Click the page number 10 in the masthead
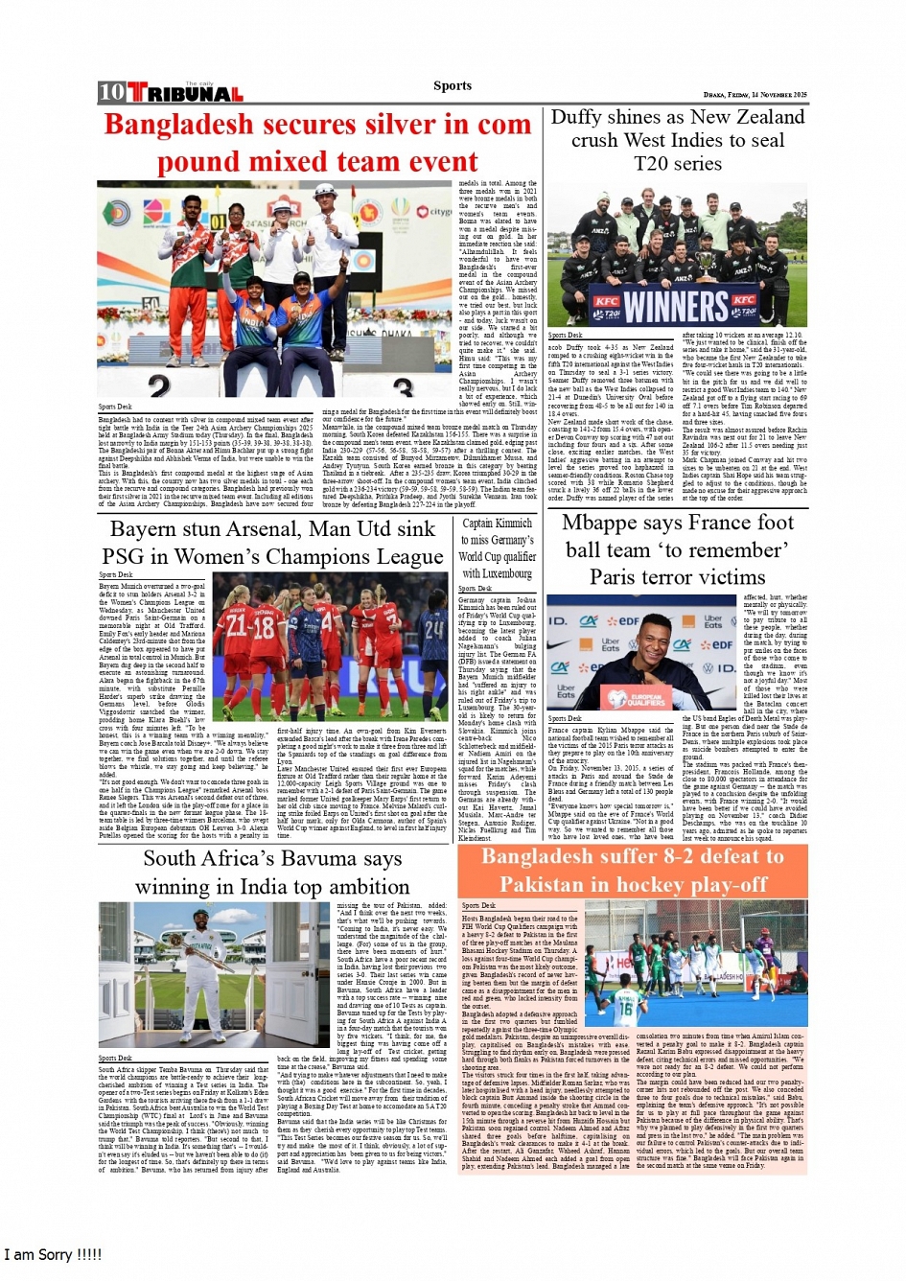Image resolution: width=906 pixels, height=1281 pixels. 111,93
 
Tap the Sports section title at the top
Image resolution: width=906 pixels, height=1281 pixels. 452,85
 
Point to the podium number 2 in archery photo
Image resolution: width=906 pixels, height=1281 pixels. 158,386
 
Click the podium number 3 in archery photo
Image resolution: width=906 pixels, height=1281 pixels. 404,388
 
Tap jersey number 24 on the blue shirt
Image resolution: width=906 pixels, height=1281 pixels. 433,630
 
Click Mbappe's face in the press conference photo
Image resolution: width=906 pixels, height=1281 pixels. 662,639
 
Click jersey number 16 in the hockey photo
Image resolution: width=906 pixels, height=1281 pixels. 626,1009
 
